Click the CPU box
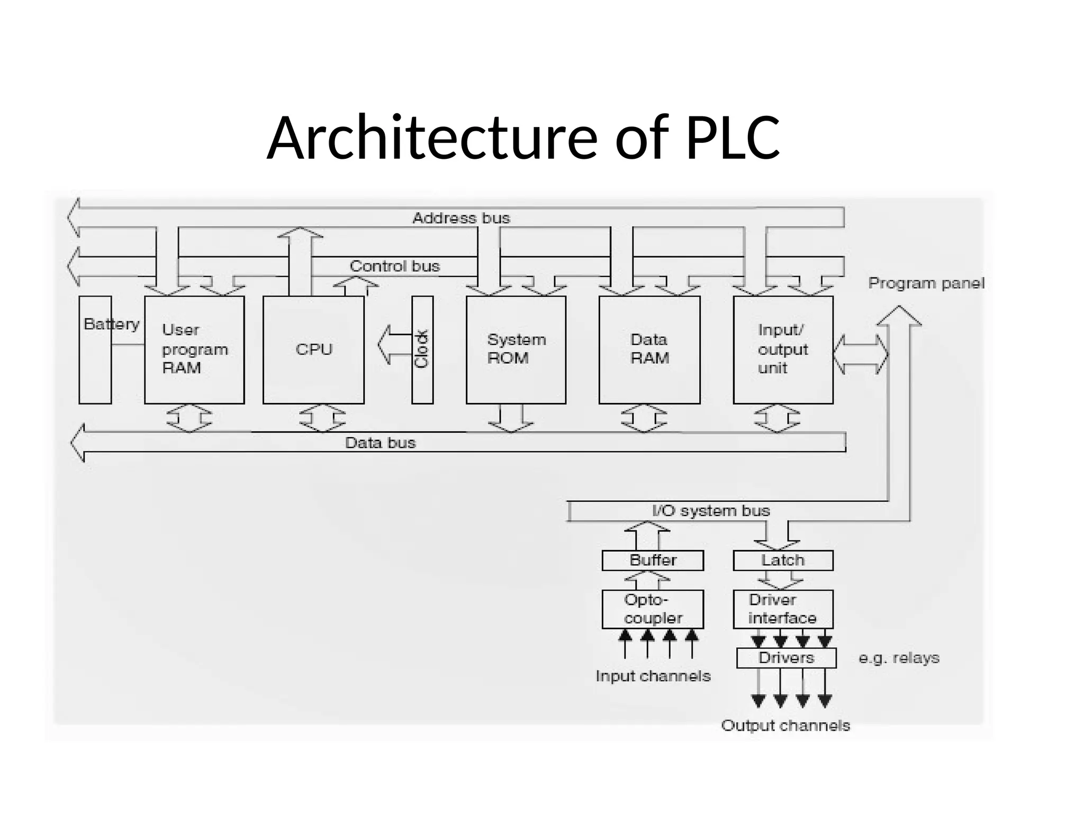pos(313,350)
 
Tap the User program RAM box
pos(194,350)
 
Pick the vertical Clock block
pos(422,350)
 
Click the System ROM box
pos(516,350)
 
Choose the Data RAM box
pos(649,350)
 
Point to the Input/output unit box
pos(783,350)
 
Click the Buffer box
pos(652,561)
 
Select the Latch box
pos(783,561)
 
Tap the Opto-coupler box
pos(652,609)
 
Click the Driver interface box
pos(783,609)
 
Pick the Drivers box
pos(786,658)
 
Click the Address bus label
pos(461,218)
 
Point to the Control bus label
pos(395,266)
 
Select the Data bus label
pos(380,443)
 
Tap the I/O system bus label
pos(711,511)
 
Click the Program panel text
pos(926,283)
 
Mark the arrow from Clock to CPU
pos(394,345)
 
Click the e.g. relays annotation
pos(899,658)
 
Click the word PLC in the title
pos(733,138)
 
